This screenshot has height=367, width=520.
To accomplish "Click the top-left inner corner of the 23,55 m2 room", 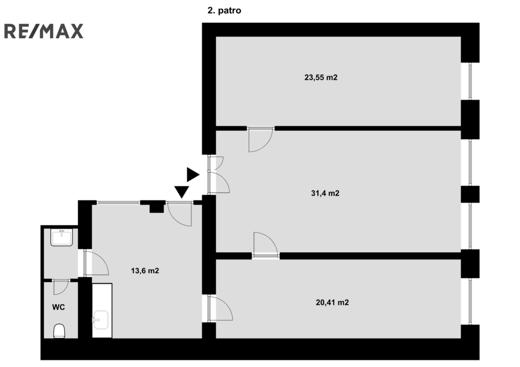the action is pyautogui.click(x=216, y=37).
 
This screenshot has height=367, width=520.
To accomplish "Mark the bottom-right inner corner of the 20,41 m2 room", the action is pyautogui.click(x=461, y=338).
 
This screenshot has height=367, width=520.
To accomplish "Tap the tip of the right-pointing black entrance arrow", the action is pyautogui.click(x=199, y=175).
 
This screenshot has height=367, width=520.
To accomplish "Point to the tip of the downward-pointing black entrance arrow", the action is pyautogui.click(x=182, y=198).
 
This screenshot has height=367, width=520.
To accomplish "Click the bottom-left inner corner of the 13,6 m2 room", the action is pyautogui.click(x=92, y=338).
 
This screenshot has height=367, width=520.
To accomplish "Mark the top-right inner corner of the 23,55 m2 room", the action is pyautogui.click(x=461, y=37).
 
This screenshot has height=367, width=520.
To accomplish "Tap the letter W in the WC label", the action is pyautogui.click(x=55, y=307).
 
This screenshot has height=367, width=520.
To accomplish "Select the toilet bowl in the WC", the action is pyautogui.click(x=59, y=331).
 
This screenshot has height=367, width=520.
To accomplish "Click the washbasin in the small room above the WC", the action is pyautogui.click(x=61, y=238).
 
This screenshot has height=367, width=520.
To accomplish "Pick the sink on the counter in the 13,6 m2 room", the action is pyautogui.click(x=100, y=320).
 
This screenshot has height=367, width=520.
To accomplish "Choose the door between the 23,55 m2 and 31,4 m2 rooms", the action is pyautogui.click(x=261, y=139).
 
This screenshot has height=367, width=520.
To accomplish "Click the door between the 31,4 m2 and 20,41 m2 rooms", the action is pyautogui.click(x=265, y=245).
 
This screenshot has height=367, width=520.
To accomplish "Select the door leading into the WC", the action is pyautogui.click(x=61, y=287).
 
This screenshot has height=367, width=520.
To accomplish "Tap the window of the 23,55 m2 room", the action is pyautogui.click(x=470, y=81).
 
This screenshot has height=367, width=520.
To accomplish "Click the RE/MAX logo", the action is pyautogui.click(x=44, y=31).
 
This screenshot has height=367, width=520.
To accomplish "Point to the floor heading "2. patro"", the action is pyautogui.click(x=224, y=11).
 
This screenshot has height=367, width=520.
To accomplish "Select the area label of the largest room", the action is pyautogui.click(x=325, y=193).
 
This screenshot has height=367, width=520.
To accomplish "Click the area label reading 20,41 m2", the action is pyautogui.click(x=332, y=303).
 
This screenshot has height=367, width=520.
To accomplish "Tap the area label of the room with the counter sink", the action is pyautogui.click(x=145, y=271).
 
